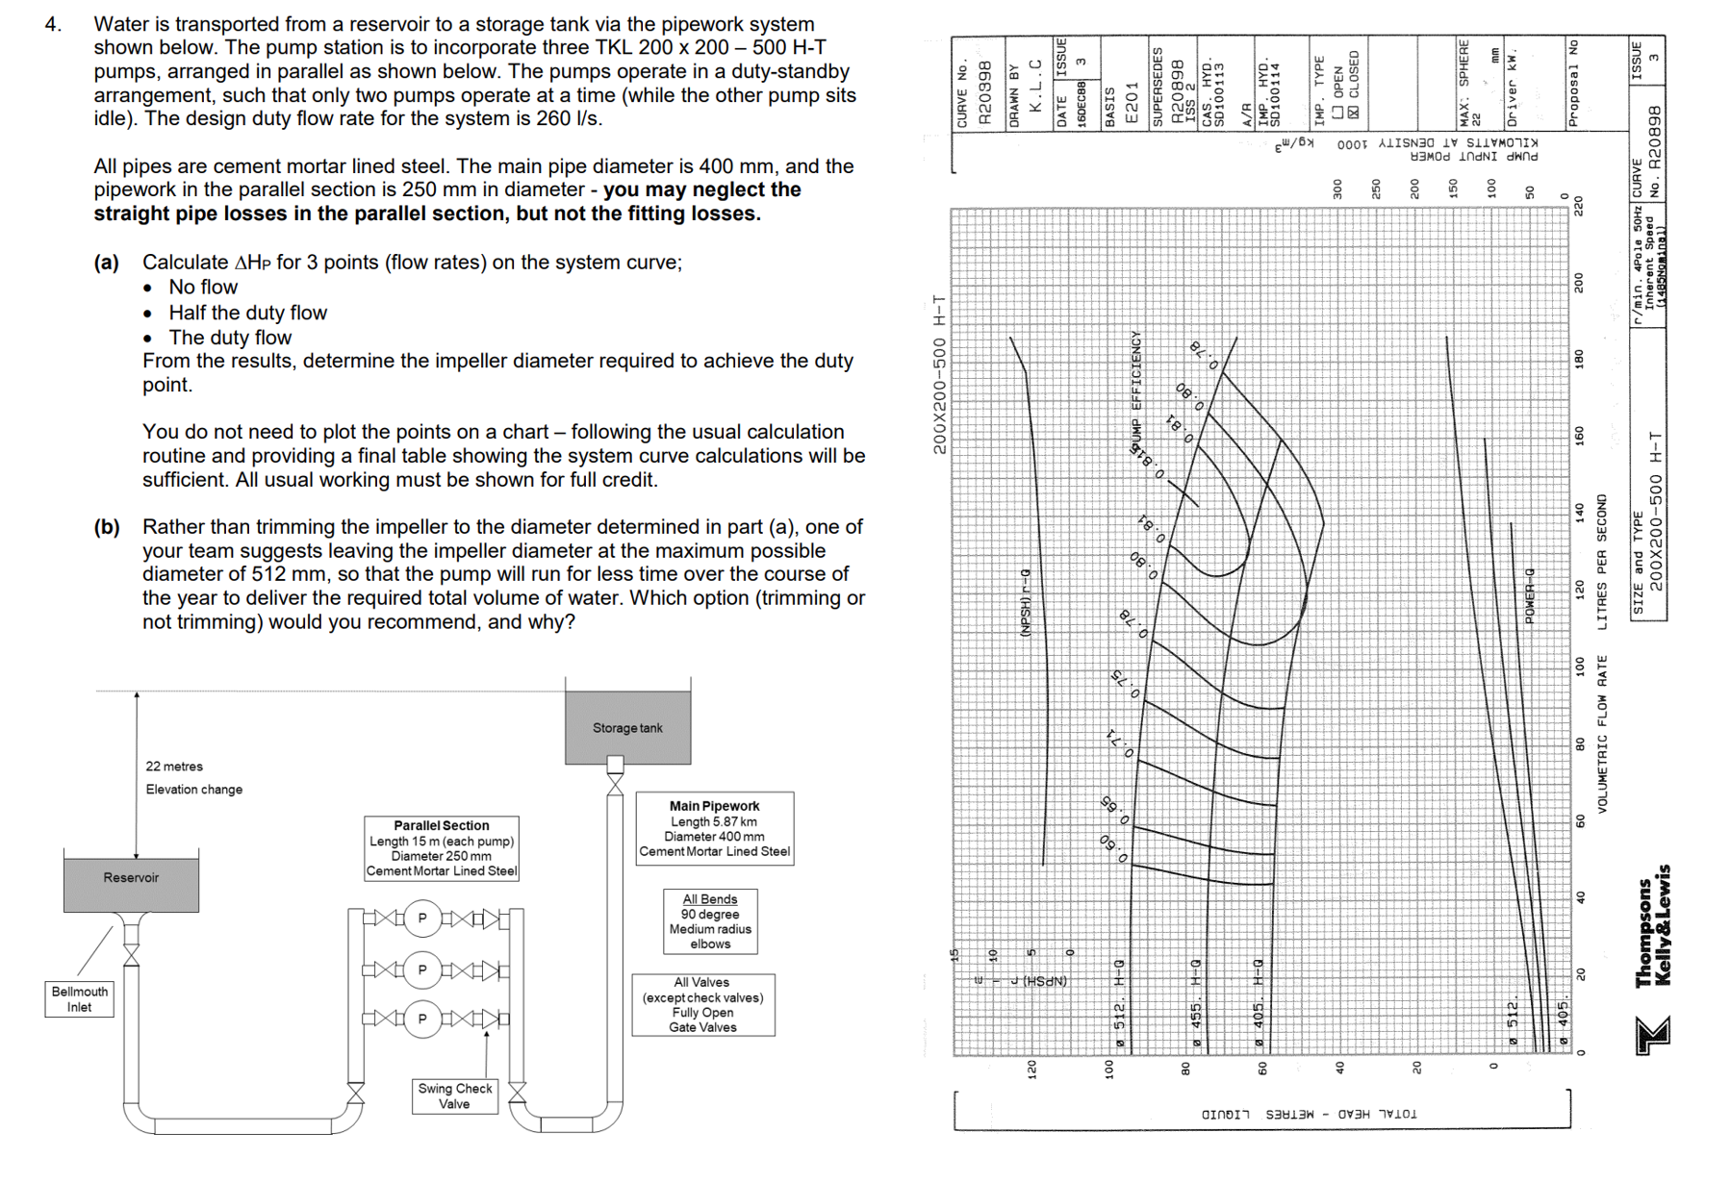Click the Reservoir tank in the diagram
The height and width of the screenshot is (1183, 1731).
pos(131,880)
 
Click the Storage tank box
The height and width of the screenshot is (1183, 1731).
pos(627,727)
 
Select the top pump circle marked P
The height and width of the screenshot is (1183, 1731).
pos(421,919)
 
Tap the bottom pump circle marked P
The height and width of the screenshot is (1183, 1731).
pos(421,1019)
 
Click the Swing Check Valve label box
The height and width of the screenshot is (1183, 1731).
pos(454,1095)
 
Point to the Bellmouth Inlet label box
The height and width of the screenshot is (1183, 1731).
pos(79,999)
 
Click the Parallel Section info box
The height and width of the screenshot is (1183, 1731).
pos(442,847)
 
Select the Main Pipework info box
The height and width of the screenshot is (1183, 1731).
pos(714,828)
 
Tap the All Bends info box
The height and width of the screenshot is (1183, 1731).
pos(710,920)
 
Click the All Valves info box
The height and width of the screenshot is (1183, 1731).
pos(702,1004)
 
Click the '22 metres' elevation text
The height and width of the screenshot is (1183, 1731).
pos(174,767)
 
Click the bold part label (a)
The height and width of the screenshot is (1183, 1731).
pos(107,263)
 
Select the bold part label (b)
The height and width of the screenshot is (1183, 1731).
pos(107,527)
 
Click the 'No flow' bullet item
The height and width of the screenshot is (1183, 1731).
pos(202,288)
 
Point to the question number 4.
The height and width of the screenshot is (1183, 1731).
pos(52,24)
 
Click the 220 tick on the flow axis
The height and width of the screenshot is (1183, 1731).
pos(1578,206)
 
